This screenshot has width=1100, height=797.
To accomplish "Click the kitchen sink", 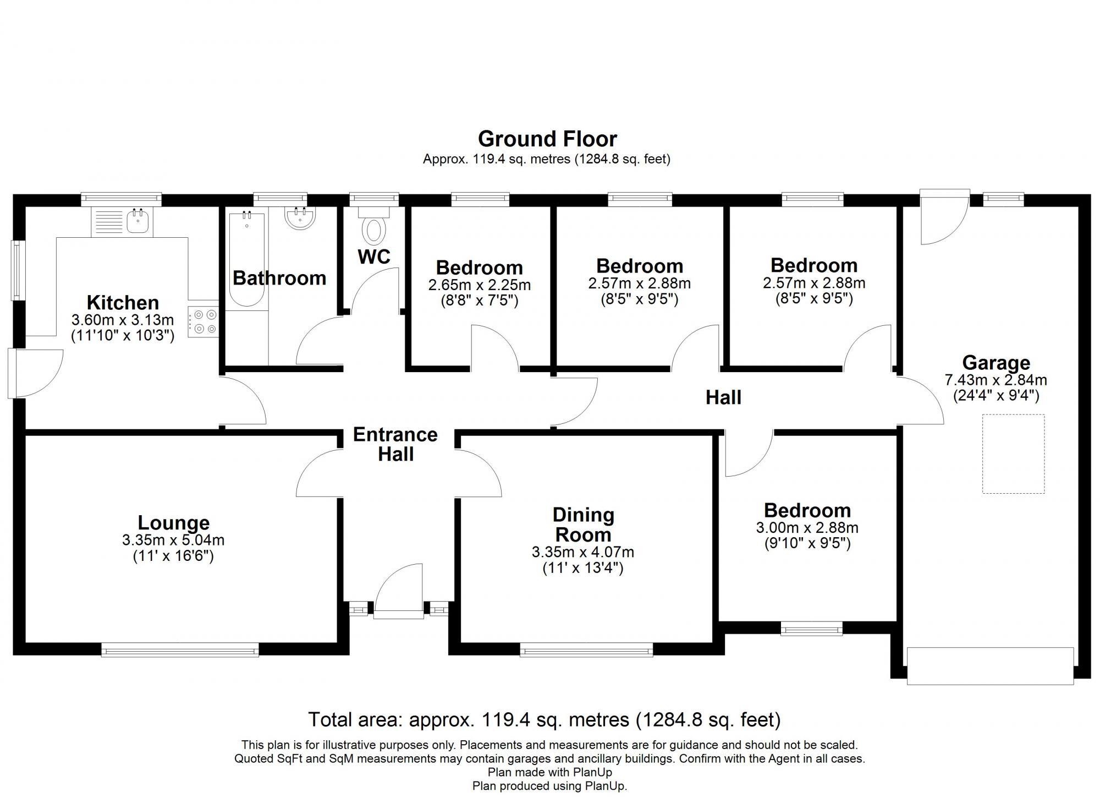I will pos(136,222).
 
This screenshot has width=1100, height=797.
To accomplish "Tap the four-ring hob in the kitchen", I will pos(203,322).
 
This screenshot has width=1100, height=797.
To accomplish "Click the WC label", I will pos(374,257).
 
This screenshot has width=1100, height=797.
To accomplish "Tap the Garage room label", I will pos(996,363).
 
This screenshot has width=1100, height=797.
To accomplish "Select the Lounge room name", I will pos(173,522).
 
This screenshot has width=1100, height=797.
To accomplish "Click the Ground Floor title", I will pos(547,139).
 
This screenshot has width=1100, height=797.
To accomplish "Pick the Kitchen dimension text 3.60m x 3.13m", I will pos(123,320).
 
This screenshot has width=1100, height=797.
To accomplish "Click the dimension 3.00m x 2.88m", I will pos(807,528).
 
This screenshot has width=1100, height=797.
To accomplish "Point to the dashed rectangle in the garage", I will pos(1014,454).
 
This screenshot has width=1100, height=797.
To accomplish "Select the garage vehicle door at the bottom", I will pos(990,666).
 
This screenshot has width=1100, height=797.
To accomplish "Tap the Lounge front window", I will pos(180,650).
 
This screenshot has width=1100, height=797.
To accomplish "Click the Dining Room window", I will pos(586,650).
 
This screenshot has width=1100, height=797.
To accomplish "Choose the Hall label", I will pos(723,397).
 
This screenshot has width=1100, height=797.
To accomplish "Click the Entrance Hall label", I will pos(395,444).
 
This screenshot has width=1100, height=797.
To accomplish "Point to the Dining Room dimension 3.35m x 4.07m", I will pos(583,552).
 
